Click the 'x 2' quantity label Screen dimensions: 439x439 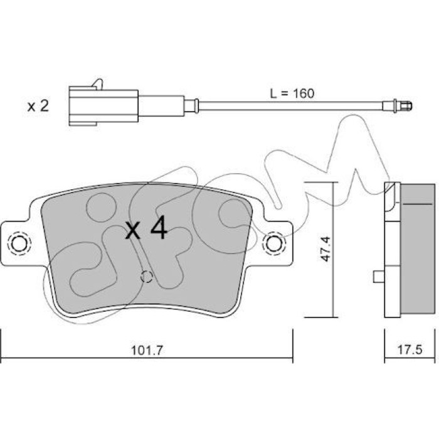[38, 107]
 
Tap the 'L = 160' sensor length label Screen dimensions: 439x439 [292, 93]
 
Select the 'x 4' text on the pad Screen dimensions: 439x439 [146, 230]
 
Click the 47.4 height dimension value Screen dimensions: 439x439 [326, 249]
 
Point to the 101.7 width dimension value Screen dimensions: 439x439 [147, 350]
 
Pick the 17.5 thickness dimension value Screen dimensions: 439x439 [410, 350]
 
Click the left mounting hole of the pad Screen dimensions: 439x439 [19, 244]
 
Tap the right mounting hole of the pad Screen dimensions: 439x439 [274, 244]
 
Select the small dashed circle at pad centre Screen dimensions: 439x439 [146, 277]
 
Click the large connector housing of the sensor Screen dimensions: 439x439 [103, 106]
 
